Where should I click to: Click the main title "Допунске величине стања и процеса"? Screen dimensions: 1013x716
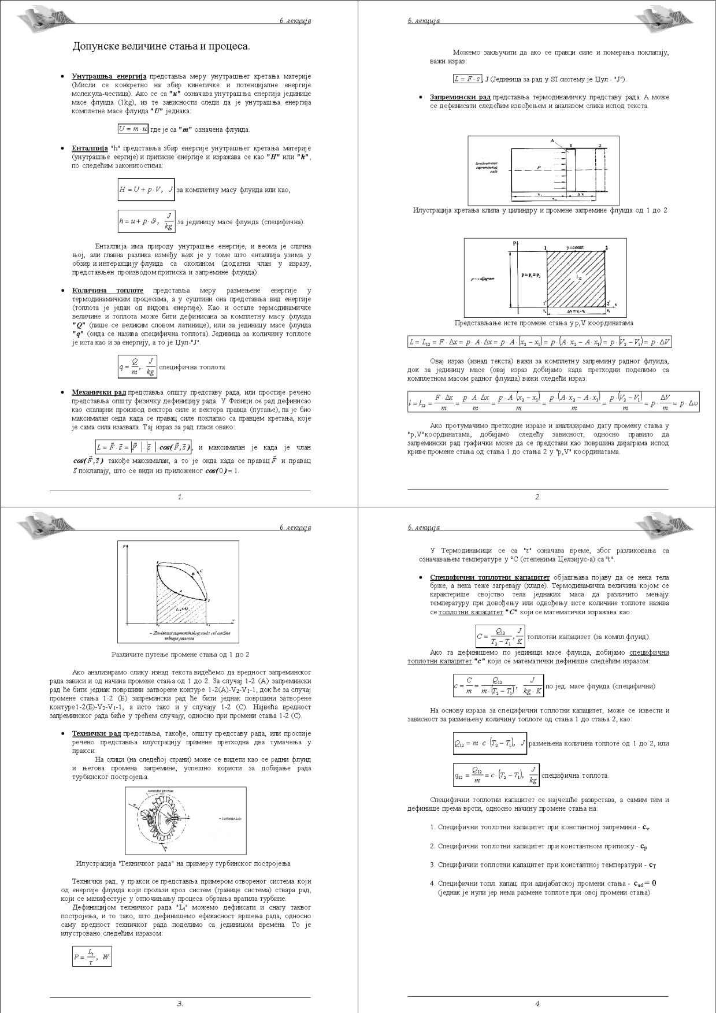(x=161, y=46)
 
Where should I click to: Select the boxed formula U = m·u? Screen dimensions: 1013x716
(x=133, y=129)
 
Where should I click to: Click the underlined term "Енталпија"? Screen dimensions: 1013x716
(x=90, y=149)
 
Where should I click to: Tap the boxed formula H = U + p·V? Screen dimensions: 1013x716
(x=146, y=190)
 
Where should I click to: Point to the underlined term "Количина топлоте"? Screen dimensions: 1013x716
(x=107, y=291)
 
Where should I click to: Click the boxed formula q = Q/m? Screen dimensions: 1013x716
(x=138, y=367)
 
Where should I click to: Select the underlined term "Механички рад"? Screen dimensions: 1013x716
(x=98, y=392)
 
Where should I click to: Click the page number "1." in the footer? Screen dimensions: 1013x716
(x=180, y=497)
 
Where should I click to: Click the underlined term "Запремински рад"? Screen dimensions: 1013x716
(x=460, y=97)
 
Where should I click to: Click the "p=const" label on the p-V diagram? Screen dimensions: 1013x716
(x=574, y=247)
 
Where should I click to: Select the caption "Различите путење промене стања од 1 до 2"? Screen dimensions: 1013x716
(x=180, y=655)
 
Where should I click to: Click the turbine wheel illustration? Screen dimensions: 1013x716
(x=165, y=820)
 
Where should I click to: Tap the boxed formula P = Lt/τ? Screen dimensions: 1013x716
(x=92, y=956)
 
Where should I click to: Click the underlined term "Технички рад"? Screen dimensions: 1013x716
(x=96, y=733)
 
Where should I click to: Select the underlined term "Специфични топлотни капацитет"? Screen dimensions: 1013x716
(x=489, y=577)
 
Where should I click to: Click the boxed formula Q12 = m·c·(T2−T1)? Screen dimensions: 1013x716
(x=489, y=743)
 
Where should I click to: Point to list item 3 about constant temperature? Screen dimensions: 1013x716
(x=543, y=865)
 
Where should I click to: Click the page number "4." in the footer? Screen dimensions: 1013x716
(x=538, y=1004)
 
